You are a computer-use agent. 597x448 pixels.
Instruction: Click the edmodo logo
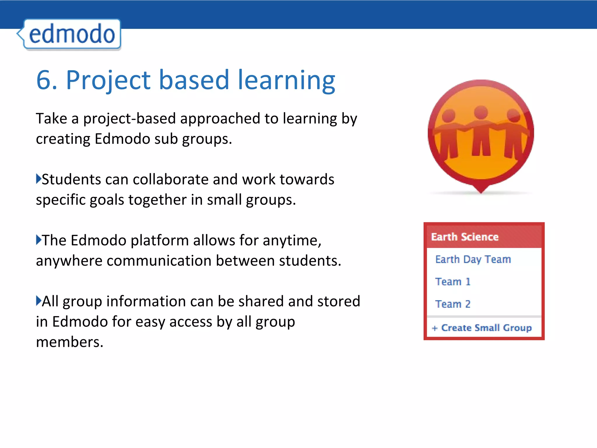[x=71, y=34]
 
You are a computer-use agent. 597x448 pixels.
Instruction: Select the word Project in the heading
[x=108, y=80]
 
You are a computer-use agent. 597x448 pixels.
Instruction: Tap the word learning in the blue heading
[x=287, y=80]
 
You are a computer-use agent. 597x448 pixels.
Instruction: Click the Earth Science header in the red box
[x=465, y=237]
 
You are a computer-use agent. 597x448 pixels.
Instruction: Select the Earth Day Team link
[x=473, y=259]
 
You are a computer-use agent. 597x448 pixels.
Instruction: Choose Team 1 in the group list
[x=453, y=282]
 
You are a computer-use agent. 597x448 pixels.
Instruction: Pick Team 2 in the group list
[x=453, y=304]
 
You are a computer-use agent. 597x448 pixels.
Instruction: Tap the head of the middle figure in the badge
[x=481, y=112]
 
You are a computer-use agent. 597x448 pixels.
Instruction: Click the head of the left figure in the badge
[x=448, y=116]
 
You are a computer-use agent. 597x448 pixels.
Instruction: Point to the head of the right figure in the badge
[x=513, y=116]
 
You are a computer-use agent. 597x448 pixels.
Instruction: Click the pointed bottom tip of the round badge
[x=481, y=191]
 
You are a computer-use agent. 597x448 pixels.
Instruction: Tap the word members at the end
[x=69, y=342]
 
